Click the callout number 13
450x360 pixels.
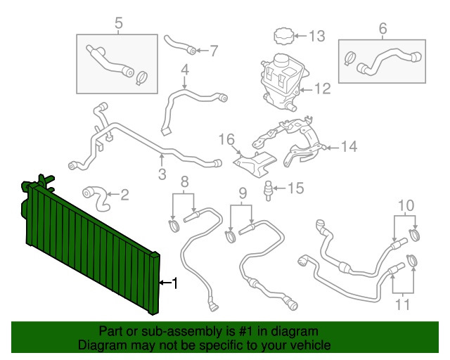317,36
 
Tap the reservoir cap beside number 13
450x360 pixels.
283,36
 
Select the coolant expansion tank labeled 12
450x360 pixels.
284,82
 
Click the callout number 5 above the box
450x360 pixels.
119,23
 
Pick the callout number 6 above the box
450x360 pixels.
382,28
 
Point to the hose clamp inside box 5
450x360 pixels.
141,78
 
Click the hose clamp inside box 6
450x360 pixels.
349,58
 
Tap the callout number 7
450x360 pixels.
214,51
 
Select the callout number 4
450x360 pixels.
185,70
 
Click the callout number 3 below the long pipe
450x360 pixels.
162,174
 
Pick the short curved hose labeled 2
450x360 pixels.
96,199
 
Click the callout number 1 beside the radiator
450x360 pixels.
174,283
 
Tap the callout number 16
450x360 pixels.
226,139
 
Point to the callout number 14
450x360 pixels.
349,146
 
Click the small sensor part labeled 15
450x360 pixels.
269,191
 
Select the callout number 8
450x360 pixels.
184,181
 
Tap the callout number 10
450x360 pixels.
406,205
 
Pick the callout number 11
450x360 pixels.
402,304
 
